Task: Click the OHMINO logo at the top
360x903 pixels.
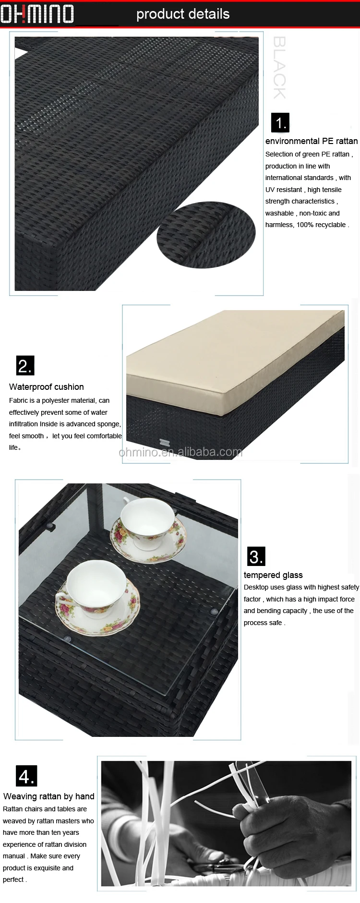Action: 37,14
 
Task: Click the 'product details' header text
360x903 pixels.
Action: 183,14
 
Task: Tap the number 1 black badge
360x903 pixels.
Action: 280,123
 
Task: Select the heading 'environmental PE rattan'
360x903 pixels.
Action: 312,141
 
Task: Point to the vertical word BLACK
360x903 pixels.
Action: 279,68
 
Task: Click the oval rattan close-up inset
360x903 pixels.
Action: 206,235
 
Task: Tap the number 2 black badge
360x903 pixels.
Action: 25,366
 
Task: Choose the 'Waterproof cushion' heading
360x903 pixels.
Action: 47,387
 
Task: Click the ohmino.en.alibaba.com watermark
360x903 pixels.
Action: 180,452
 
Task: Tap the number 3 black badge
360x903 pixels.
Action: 256,556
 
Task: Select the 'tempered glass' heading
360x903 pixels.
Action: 273,575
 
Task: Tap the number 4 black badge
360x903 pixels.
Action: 26,776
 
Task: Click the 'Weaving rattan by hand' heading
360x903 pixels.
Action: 49,796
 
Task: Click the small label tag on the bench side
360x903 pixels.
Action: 165,441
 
